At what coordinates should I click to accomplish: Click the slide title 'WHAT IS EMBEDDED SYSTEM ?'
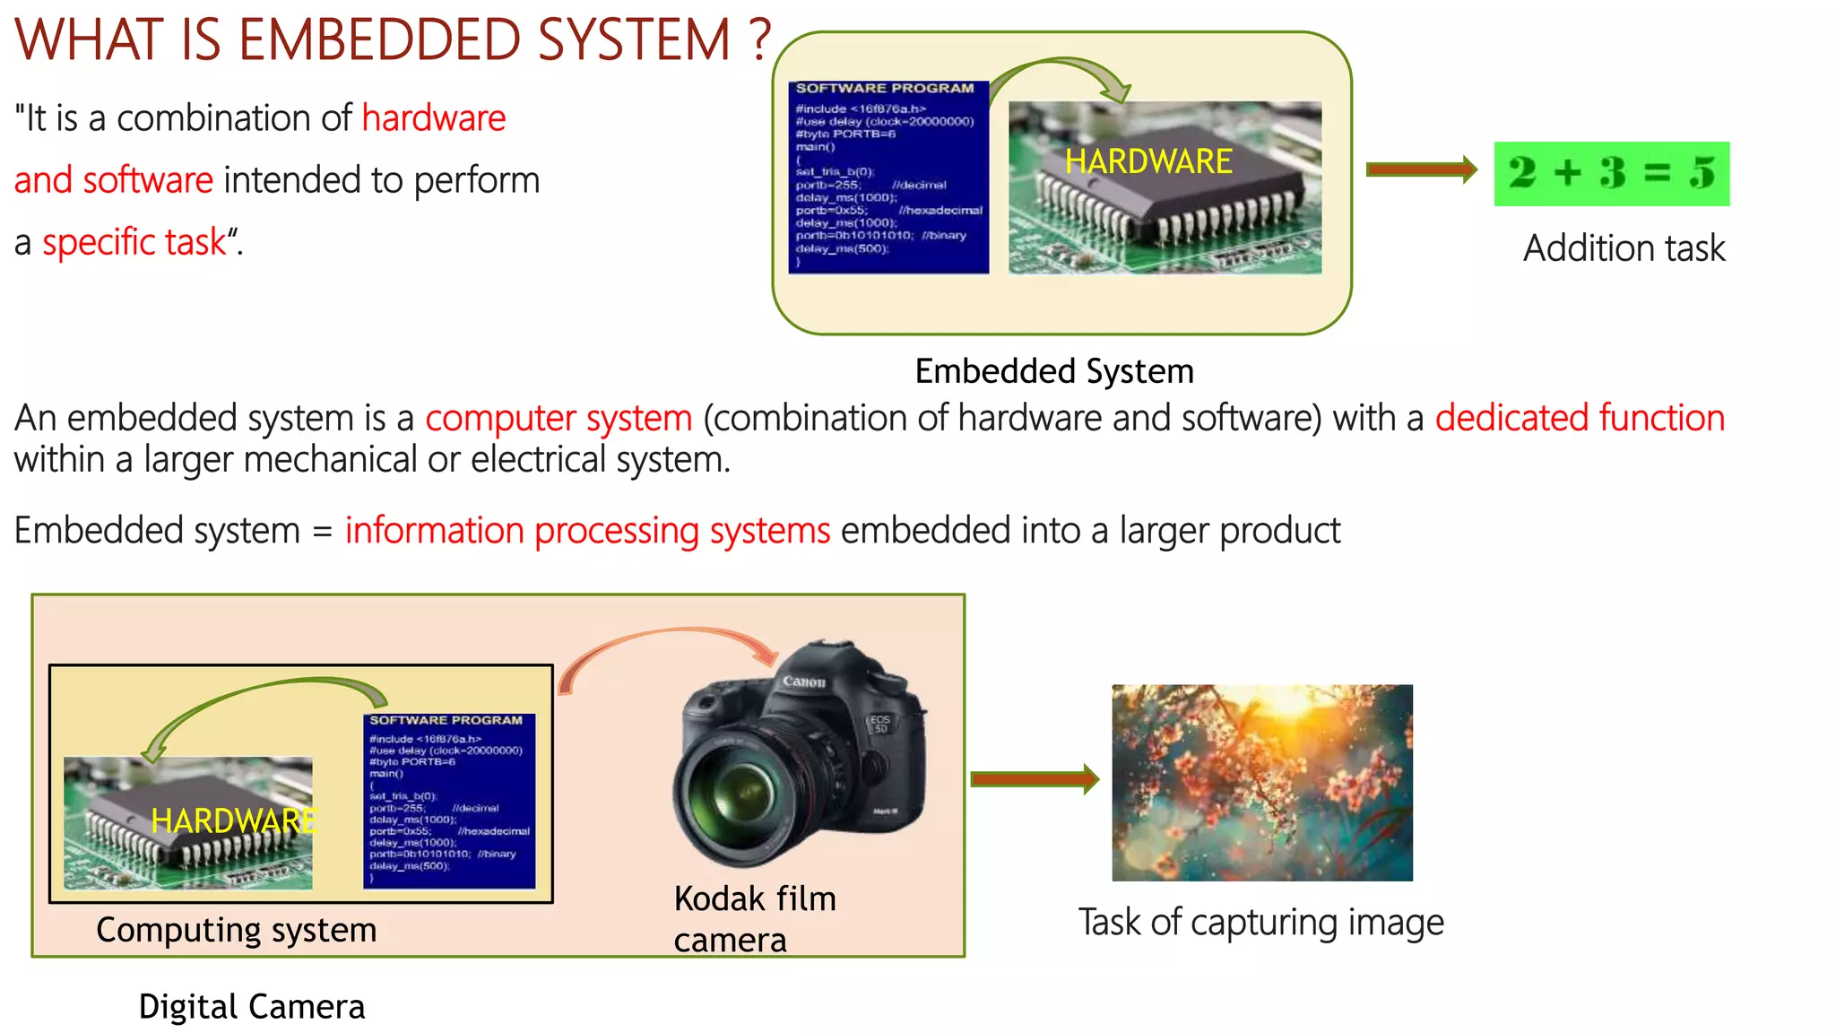click(x=393, y=40)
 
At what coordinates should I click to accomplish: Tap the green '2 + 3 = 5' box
click(x=1611, y=173)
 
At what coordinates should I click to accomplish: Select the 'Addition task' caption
click(x=1624, y=248)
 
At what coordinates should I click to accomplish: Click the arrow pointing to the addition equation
click(x=1421, y=169)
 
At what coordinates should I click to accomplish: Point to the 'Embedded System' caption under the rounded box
click(x=1054, y=371)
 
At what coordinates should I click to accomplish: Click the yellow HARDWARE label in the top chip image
click(x=1148, y=161)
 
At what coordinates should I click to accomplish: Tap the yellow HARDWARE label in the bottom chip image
click(x=233, y=820)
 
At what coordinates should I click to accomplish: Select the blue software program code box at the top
click(x=888, y=177)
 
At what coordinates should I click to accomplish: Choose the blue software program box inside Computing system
click(x=449, y=800)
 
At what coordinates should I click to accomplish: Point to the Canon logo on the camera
click(x=803, y=681)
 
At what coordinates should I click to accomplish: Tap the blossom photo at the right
click(x=1261, y=783)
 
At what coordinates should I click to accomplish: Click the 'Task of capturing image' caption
click(x=1260, y=922)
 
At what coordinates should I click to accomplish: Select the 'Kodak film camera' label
click(x=755, y=918)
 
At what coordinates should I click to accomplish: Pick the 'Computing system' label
click(x=237, y=930)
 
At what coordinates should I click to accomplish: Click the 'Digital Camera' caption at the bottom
click(x=252, y=1006)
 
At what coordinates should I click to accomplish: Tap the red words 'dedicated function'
click(x=1580, y=418)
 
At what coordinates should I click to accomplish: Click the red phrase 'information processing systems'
click(x=588, y=531)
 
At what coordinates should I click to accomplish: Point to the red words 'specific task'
click(x=134, y=242)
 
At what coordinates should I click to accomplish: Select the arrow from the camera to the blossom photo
click(x=1035, y=778)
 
